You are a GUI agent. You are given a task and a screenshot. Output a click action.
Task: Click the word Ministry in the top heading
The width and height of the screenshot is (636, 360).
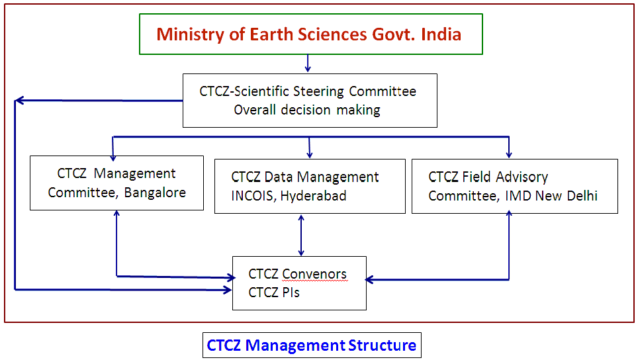pyautogui.click(x=190, y=35)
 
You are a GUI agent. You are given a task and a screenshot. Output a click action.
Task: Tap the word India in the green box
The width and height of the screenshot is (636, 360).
pyautogui.click(x=441, y=34)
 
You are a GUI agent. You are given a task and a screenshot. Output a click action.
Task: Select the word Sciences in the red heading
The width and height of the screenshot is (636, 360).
pyautogui.click(x=333, y=34)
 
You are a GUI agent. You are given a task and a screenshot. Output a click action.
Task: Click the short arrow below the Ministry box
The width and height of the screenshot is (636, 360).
pyautogui.click(x=308, y=64)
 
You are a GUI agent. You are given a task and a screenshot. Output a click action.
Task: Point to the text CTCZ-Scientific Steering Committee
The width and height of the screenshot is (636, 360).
pyautogui.click(x=308, y=91)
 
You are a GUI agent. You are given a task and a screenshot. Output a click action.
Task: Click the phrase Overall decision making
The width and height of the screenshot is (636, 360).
pyautogui.click(x=307, y=110)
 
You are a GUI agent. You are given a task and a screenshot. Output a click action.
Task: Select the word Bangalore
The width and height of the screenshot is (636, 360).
pyautogui.click(x=155, y=193)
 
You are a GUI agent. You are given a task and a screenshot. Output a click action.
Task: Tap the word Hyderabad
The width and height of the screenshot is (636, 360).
pyautogui.click(x=313, y=196)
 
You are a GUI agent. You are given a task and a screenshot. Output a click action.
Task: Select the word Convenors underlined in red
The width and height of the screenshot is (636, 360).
pyautogui.click(x=315, y=274)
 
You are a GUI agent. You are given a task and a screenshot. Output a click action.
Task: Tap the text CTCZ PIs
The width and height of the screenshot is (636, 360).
pyautogui.click(x=274, y=292)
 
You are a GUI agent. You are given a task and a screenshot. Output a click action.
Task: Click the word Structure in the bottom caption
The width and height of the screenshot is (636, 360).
pyautogui.click(x=382, y=345)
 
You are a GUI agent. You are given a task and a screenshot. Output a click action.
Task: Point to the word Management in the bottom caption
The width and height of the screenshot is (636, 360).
pyautogui.click(x=295, y=345)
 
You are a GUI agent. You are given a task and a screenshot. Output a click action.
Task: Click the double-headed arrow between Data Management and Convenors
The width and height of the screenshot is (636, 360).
pyautogui.click(x=301, y=236)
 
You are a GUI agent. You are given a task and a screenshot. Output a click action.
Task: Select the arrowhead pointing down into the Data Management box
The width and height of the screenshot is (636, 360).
pyautogui.click(x=310, y=154)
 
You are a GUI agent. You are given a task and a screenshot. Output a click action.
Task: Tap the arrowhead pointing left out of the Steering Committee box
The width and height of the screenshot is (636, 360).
pyautogui.click(x=20, y=100)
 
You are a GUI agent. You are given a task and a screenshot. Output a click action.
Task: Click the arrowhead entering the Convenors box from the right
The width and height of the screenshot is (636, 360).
pyautogui.click(x=369, y=279)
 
